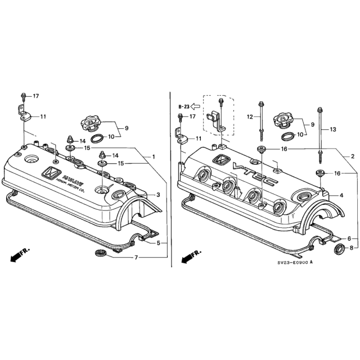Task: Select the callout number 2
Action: pos(352,156)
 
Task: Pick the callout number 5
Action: pos(158,242)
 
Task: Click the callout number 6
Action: pos(348,238)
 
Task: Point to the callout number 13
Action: pos(333,129)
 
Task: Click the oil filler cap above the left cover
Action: pos(91,121)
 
